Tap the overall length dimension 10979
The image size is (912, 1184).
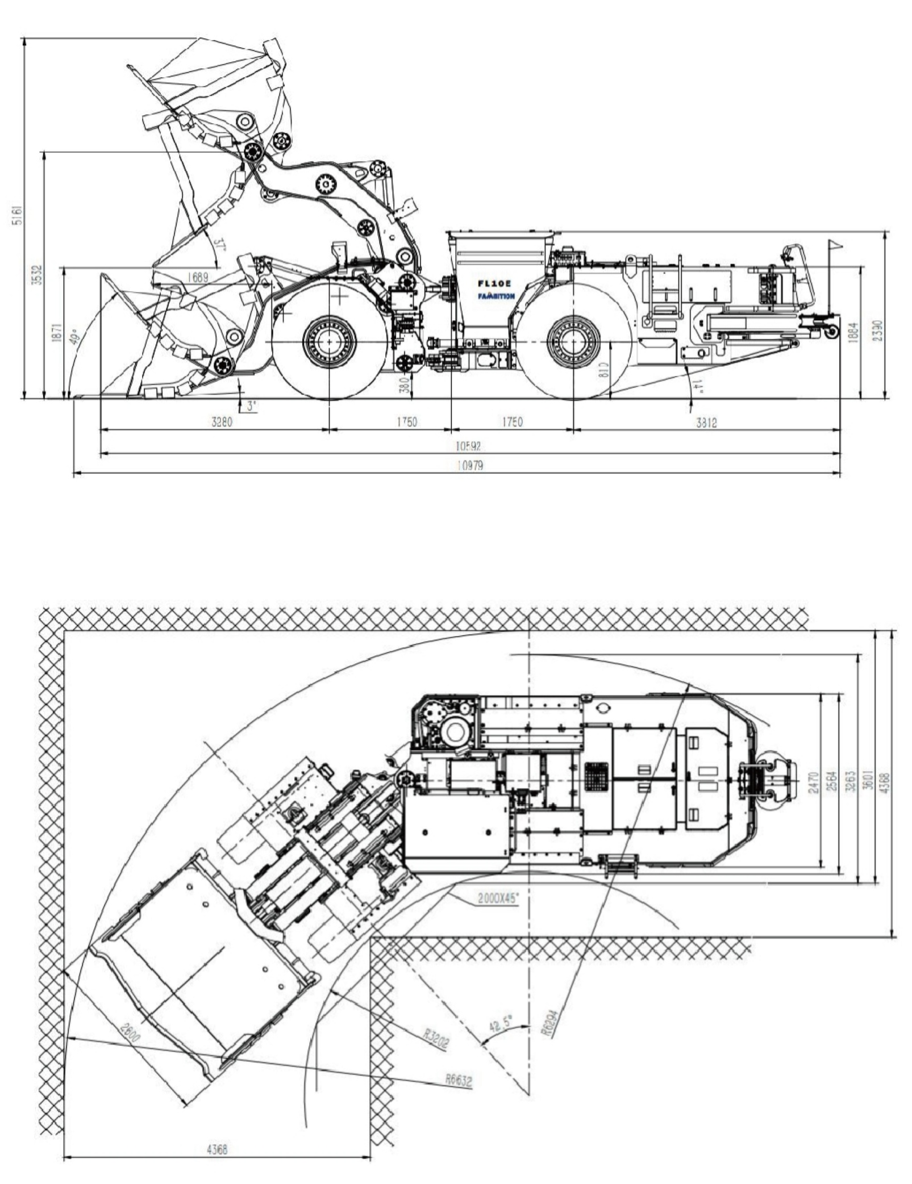click(x=469, y=466)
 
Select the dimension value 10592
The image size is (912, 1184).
click(x=469, y=447)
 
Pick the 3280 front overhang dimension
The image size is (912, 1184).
click(x=221, y=422)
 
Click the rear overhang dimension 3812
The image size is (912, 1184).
click(x=706, y=422)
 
